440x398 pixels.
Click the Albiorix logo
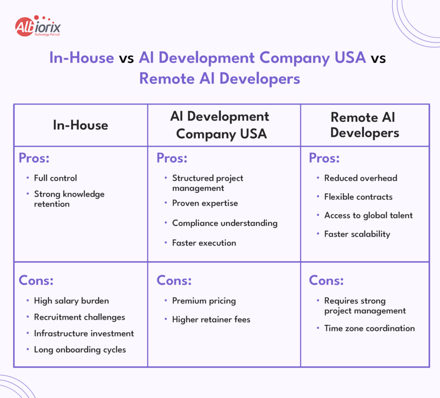(38, 27)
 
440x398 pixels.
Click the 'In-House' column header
(80, 125)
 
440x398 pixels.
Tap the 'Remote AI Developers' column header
(364, 125)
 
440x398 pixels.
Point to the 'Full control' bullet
(55, 178)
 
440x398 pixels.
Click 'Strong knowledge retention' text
(69, 199)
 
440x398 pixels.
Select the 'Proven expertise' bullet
(205, 203)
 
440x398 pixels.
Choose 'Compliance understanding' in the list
(224, 223)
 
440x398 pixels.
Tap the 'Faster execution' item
(204, 243)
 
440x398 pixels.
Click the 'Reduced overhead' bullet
(361, 178)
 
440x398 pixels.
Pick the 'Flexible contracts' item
(358, 197)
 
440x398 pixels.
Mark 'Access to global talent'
(368, 215)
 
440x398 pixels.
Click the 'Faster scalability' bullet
(357, 234)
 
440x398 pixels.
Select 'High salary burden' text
(71, 301)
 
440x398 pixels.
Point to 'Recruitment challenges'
(79, 317)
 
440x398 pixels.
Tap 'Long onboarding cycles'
(80, 349)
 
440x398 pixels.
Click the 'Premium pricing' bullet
(204, 301)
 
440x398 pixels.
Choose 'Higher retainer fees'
(211, 319)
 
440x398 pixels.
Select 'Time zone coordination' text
(369, 328)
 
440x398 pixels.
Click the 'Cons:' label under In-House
(36, 281)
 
